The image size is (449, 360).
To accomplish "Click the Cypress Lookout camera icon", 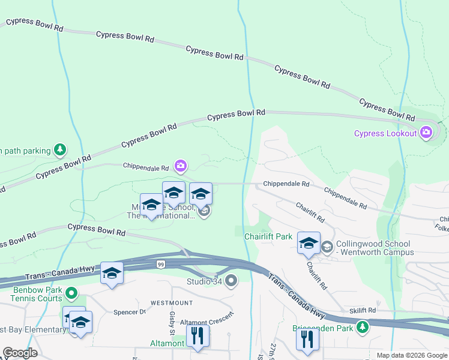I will coord(426,133).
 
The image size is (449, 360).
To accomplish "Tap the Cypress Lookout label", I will coord(385,133).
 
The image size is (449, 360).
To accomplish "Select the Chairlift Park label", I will coord(268,236).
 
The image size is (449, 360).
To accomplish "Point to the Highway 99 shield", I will coord(160,265).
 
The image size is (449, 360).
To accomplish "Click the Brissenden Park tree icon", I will coord(362,328).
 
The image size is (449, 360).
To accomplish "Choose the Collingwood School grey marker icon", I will coord(327,246).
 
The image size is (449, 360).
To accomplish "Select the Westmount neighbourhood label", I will coord(171,302).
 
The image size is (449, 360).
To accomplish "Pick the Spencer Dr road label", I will coord(130,312).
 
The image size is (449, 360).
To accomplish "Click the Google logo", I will coord(20,353).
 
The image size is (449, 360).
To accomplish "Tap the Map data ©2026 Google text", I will coord(411,355).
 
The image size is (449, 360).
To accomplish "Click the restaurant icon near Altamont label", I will coord(197,337).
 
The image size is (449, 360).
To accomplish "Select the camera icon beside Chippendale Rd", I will coord(180,165).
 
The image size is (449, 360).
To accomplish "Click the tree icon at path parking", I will coord(59,149).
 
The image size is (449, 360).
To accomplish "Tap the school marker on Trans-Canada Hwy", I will coord(112,274).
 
